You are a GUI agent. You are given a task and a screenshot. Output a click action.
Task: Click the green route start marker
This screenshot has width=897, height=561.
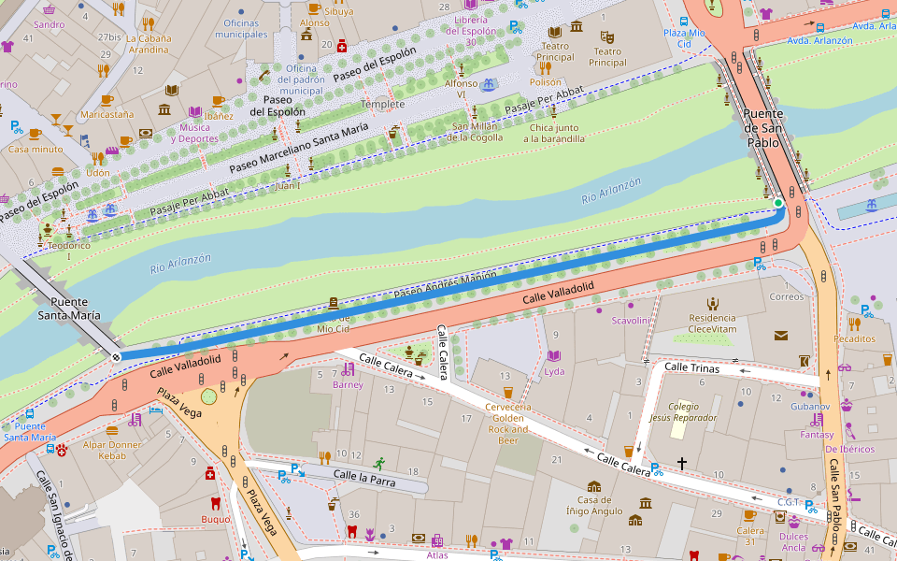coord(777,202)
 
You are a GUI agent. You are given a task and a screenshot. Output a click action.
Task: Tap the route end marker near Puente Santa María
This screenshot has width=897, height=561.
coord(116,356)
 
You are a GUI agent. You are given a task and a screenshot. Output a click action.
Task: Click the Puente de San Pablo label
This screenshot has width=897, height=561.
coord(762,128)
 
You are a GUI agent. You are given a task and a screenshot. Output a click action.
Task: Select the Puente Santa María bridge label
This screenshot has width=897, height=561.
coord(69,309)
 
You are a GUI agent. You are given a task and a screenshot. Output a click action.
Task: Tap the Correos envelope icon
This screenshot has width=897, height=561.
coord(780,335)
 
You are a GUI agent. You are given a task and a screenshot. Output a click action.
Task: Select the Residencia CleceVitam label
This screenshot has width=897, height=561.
coord(712,324)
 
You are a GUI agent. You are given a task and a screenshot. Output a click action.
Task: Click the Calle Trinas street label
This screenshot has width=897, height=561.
coord(691,367)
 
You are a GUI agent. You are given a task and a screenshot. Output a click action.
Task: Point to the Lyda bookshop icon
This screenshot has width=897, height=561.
coord(554,356)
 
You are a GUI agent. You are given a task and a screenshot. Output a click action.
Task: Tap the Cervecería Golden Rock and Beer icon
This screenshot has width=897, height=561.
coord(507,392)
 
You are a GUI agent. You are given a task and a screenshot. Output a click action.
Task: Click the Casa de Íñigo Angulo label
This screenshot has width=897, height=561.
coord(593,505)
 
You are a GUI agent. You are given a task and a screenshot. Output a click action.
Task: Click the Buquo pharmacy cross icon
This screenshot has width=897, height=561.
coord(212,475)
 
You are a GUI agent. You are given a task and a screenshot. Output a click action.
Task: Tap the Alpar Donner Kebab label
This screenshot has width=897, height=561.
coord(112,449)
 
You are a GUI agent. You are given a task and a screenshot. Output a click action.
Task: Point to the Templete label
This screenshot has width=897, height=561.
coord(383,104)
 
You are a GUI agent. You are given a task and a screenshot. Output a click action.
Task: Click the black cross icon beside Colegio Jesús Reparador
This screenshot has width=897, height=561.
coord(682,463)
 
